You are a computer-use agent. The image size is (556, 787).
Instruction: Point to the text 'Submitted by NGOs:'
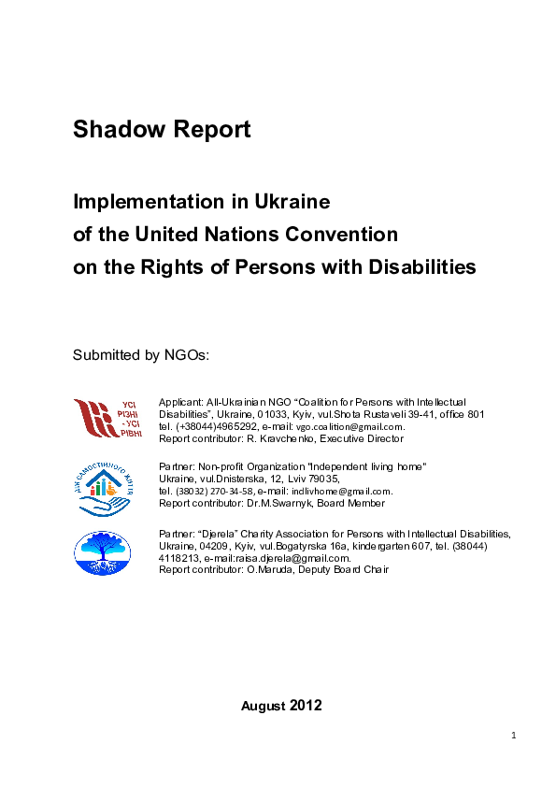pos(140,355)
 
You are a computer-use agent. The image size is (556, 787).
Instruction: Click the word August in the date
pos(264,706)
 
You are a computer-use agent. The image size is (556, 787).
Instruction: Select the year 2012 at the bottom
pos(306,706)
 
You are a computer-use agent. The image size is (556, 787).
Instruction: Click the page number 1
pos(514,736)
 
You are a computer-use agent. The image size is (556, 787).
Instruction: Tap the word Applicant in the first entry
pos(179,401)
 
